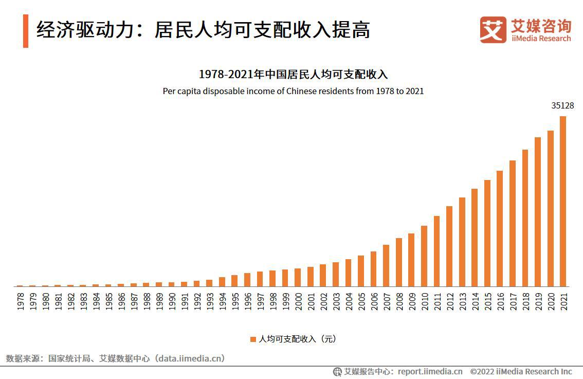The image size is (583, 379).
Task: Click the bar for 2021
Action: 563,201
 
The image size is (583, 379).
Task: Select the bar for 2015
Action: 487,233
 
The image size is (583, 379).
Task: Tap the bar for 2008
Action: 399,262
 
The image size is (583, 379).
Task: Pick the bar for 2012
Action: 449,246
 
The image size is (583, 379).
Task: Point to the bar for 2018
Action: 525,218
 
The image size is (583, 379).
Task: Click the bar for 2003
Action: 336,274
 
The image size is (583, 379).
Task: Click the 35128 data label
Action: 562,106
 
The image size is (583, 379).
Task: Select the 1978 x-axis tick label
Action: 20,302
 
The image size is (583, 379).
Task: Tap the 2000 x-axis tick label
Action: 298,302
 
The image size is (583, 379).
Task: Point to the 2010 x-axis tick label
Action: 424,302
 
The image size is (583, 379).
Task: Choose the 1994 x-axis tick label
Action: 222,302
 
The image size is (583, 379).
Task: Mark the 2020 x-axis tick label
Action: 550,302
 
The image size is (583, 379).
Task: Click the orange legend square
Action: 253,339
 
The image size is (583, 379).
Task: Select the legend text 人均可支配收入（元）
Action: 297,339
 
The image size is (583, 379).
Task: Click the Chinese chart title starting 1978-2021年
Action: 293,75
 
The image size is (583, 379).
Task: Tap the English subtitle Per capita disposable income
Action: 293,91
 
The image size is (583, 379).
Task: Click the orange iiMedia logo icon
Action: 493,29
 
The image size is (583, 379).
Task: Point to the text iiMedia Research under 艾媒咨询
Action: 541,39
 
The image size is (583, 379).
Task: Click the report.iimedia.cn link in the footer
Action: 430,371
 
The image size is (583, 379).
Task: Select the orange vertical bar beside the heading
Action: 26,31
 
